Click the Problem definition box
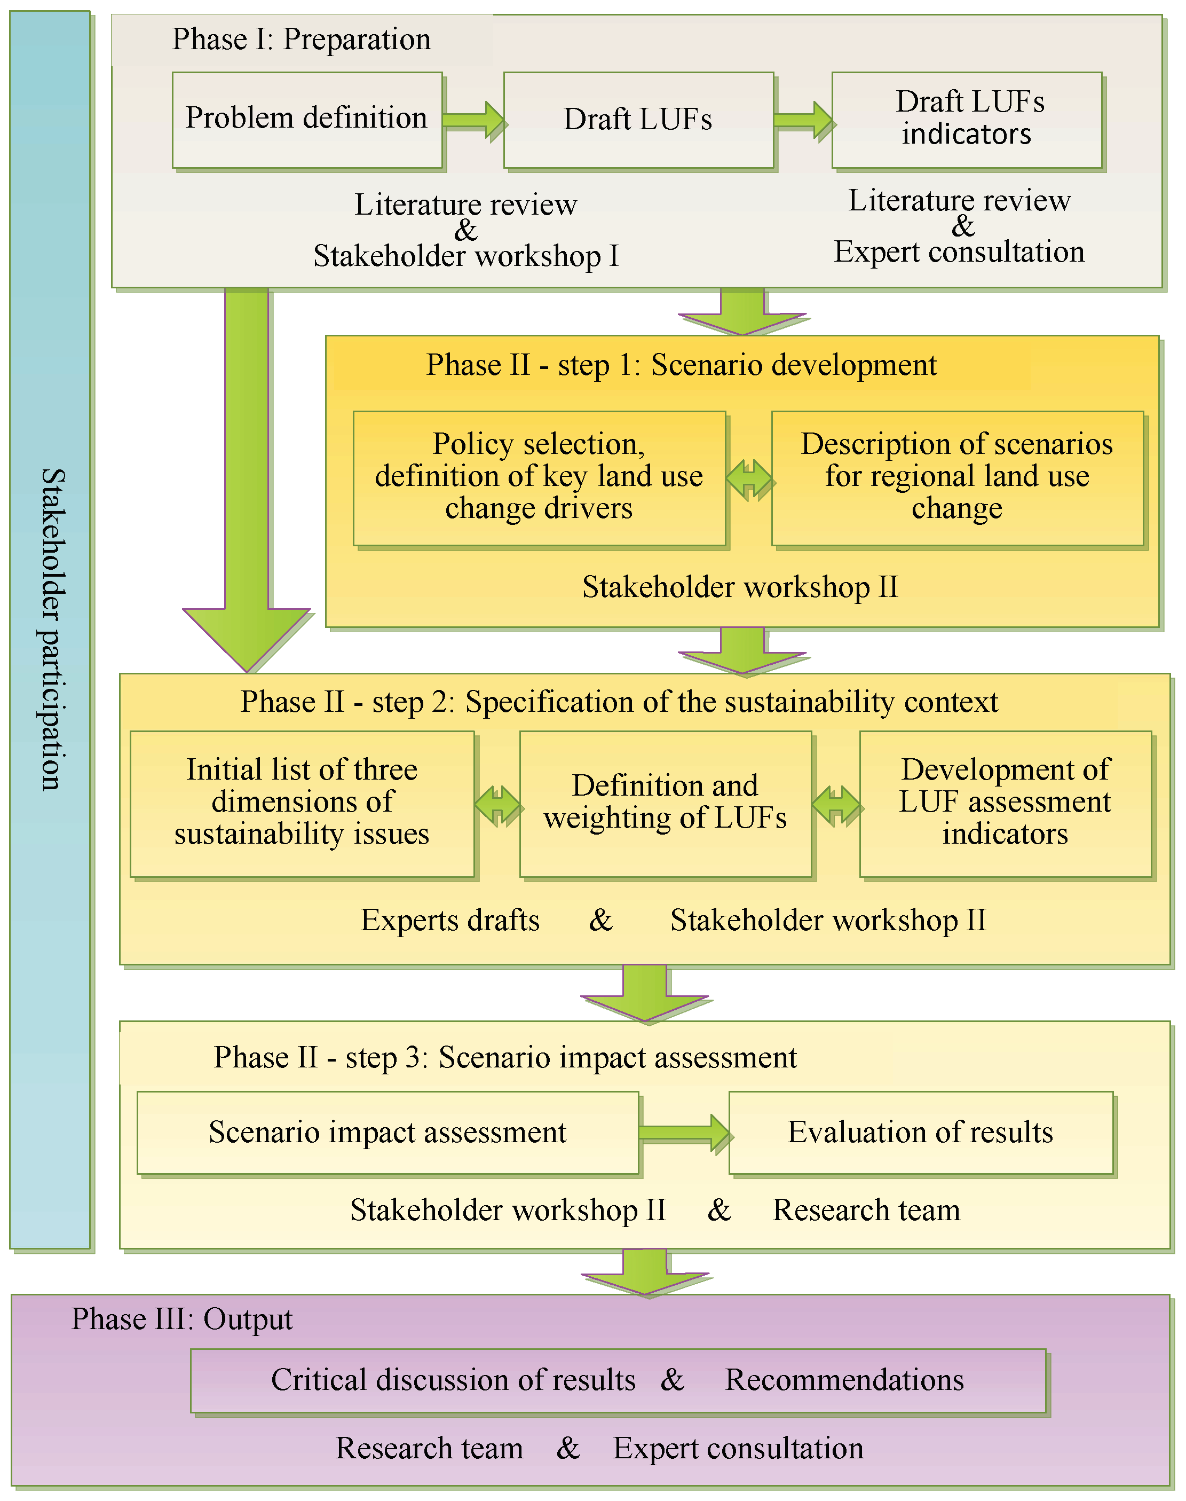pyautogui.click(x=307, y=120)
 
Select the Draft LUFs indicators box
pyautogui.click(x=967, y=120)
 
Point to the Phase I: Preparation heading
pyautogui.click(x=302, y=40)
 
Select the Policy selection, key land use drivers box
pyautogui.click(x=539, y=478)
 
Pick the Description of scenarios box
pyautogui.click(x=957, y=478)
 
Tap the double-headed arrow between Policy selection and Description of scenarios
pyautogui.click(x=749, y=480)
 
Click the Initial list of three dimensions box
pyautogui.click(x=302, y=804)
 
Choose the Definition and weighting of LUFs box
pyautogui.click(x=665, y=804)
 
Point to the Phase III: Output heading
pyautogui.click(x=182, y=1319)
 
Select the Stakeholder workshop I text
pyautogui.click(x=465, y=256)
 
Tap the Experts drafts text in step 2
pyautogui.click(x=450, y=921)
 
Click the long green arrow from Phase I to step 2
pyautogui.click(x=247, y=480)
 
